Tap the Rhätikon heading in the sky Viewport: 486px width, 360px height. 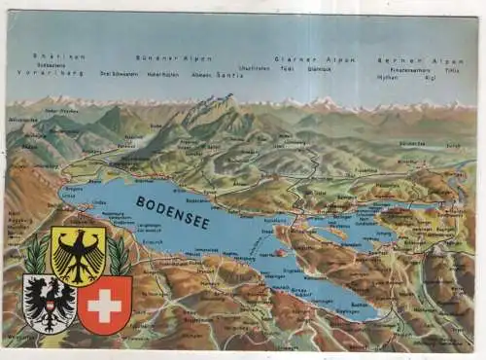58,56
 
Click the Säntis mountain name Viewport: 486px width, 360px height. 230,74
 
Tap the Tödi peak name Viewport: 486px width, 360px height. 287,69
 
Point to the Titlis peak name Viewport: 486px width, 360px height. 453,70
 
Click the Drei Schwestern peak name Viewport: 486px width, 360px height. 118,73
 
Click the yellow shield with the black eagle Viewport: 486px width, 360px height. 78,255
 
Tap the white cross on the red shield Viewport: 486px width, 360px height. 104,305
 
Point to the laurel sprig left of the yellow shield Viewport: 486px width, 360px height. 37,255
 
